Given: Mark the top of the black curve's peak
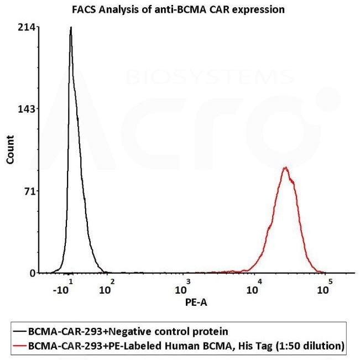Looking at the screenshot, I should (x=71, y=27).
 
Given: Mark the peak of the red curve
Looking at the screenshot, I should (x=285, y=168).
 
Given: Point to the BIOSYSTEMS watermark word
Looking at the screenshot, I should (x=210, y=77).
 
